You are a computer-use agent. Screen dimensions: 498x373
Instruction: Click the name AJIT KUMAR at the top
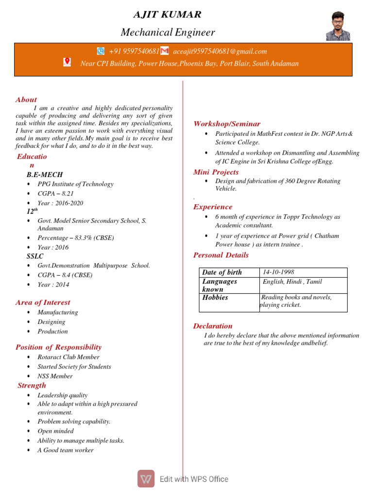pyautogui.click(x=167, y=14)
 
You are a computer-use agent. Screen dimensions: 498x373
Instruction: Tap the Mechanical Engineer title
pyautogui.click(x=168, y=33)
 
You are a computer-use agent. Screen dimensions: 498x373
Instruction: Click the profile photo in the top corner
pyautogui.click(x=338, y=26)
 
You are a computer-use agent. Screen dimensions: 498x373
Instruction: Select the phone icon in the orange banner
pyautogui.click(x=101, y=51)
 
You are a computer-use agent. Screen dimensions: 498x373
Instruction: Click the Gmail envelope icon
pyautogui.click(x=165, y=51)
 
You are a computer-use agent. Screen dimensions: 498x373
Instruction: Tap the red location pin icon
pyautogui.click(x=67, y=62)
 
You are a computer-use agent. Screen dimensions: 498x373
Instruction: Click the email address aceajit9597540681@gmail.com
pyautogui.click(x=220, y=51)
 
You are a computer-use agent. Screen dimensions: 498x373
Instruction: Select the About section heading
pyautogui.click(x=26, y=99)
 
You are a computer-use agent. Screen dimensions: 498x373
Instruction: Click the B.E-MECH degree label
pyautogui.click(x=45, y=175)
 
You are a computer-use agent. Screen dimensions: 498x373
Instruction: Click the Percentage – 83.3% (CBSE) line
pyautogui.click(x=76, y=238)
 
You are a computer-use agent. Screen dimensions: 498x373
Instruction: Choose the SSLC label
pyautogui.click(x=35, y=256)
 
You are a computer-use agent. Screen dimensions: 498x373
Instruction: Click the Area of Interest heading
pyautogui.click(x=43, y=302)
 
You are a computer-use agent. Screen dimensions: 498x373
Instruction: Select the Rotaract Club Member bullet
pyautogui.click(x=68, y=357)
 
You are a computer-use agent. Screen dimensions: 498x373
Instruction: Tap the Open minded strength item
pyautogui.click(x=56, y=431)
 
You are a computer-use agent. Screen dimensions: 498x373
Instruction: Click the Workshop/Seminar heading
pyautogui.click(x=227, y=124)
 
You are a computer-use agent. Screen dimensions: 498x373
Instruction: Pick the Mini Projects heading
pyautogui.click(x=216, y=172)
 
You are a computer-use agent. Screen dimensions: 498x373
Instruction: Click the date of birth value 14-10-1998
pyautogui.click(x=278, y=272)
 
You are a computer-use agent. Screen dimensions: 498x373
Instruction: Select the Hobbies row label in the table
pyautogui.click(x=215, y=297)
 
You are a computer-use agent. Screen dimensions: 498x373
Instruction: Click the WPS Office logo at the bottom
pyautogui.click(x=146, y=479)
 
